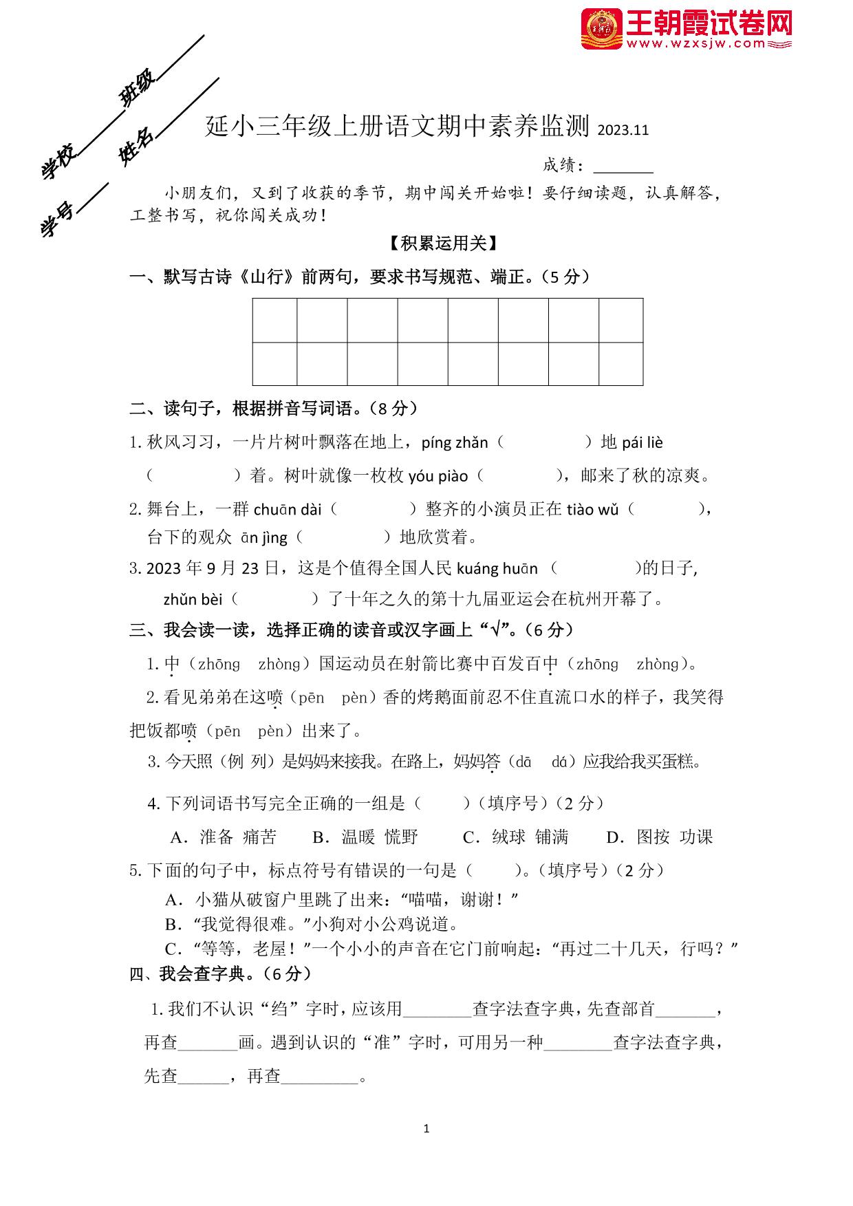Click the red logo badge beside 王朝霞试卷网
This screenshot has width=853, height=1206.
point(602,29)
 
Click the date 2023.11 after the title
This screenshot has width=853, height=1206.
point(623,130)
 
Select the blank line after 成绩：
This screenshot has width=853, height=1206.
point(623,166)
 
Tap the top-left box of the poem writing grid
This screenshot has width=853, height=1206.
point(275,320)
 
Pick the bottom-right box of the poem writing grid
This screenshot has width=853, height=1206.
point(620,363)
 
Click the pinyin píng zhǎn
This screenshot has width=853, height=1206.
point(454,443)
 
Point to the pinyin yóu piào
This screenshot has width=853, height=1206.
point(438,476)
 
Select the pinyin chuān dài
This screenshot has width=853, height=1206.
point(288,510)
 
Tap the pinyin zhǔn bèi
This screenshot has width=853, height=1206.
point(193,600)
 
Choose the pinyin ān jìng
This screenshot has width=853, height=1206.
point(264,538)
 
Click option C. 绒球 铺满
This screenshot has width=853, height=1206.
point(515,837)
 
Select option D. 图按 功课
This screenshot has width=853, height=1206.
point(659,837)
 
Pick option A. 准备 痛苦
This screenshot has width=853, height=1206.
point(223,837)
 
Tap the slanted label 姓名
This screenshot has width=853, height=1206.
point(136,147)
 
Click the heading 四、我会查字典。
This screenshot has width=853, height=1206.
point(221,973)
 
